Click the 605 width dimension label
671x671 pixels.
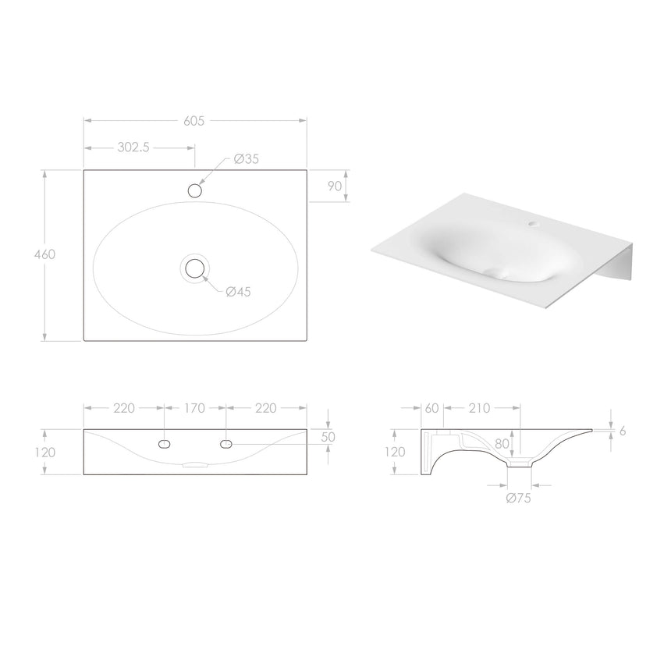[194, 120]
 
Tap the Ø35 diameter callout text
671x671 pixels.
[246, 159]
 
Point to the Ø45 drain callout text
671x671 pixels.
[238, 292]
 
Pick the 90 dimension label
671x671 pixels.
[335, 186]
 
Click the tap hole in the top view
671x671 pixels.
[195, 190]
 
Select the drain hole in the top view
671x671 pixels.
[194, 269]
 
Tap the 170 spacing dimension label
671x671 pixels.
[194, 407]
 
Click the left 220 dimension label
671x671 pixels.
[124, 407]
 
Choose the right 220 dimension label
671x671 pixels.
[265, 407]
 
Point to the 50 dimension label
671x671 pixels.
[328, 437]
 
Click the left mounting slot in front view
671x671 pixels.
[164, 444]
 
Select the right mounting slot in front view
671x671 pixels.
[226, 444]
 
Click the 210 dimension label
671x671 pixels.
[479, 407]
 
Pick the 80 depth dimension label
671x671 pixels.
[502, 444]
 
